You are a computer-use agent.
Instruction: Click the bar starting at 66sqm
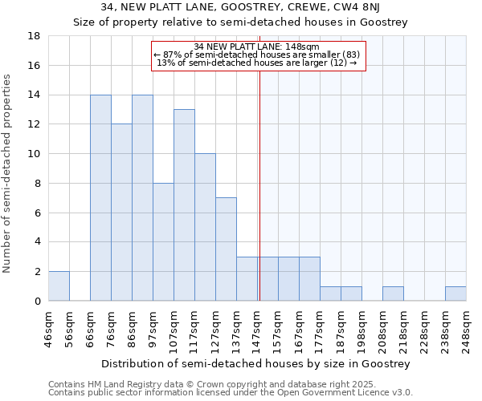pos(100,198)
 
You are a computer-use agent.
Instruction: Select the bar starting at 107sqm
pos(184,205)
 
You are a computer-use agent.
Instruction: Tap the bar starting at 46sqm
pos(59,286)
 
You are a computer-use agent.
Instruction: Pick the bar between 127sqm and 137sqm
pos(226,249)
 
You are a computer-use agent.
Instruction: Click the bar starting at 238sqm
pos(455,294)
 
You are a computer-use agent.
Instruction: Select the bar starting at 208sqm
pos(393,294)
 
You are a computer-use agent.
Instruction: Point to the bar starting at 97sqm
pos(163,242)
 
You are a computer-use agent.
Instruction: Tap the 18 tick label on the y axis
pos(35,36)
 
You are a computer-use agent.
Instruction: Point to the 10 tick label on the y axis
pos(35,154)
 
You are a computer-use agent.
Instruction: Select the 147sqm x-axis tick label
pos(257,327)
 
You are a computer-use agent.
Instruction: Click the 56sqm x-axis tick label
pos(69,327)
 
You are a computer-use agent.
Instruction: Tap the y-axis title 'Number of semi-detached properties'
pos(7,173)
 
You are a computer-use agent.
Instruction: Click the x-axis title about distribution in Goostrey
pos(257,363)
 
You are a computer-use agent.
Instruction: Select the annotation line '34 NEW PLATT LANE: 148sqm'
pos(257,47)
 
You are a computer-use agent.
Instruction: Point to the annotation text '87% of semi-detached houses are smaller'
pos(257,55)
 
